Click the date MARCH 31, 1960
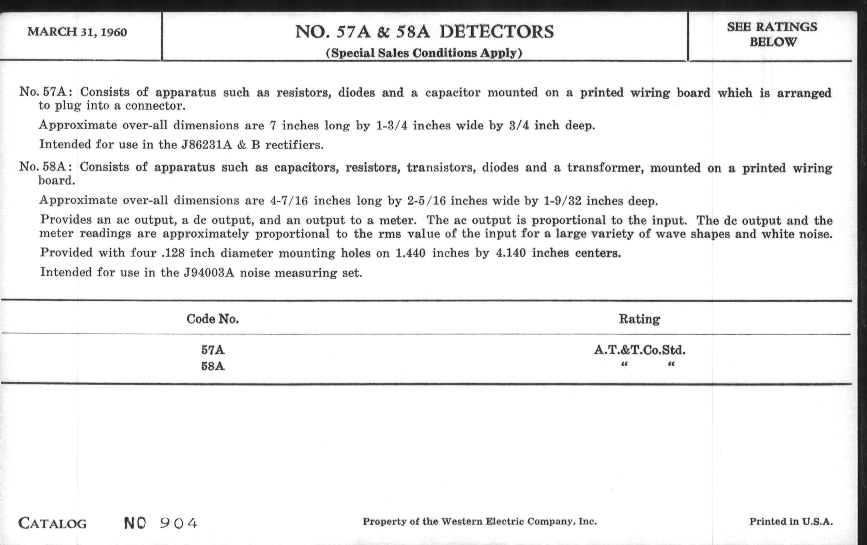(x=77, y=32)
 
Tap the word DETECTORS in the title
(x=497, y=32)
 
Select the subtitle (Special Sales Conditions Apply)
(x=424, y=53)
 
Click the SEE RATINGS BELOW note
(x=772, y=35)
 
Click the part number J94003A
(x=209, y=273)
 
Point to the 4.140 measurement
(x=511, y=253)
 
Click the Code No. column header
(x=212, y=319)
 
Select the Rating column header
(x=639, y=319)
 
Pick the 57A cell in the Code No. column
(x=213, y=350)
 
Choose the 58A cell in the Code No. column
(x=213, y=367)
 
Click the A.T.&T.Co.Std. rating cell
(x=640, y=350)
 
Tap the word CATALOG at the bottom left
(x=52, y=523)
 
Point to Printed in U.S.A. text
(x=791, y=521)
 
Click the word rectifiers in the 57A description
(x=294, y=145)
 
